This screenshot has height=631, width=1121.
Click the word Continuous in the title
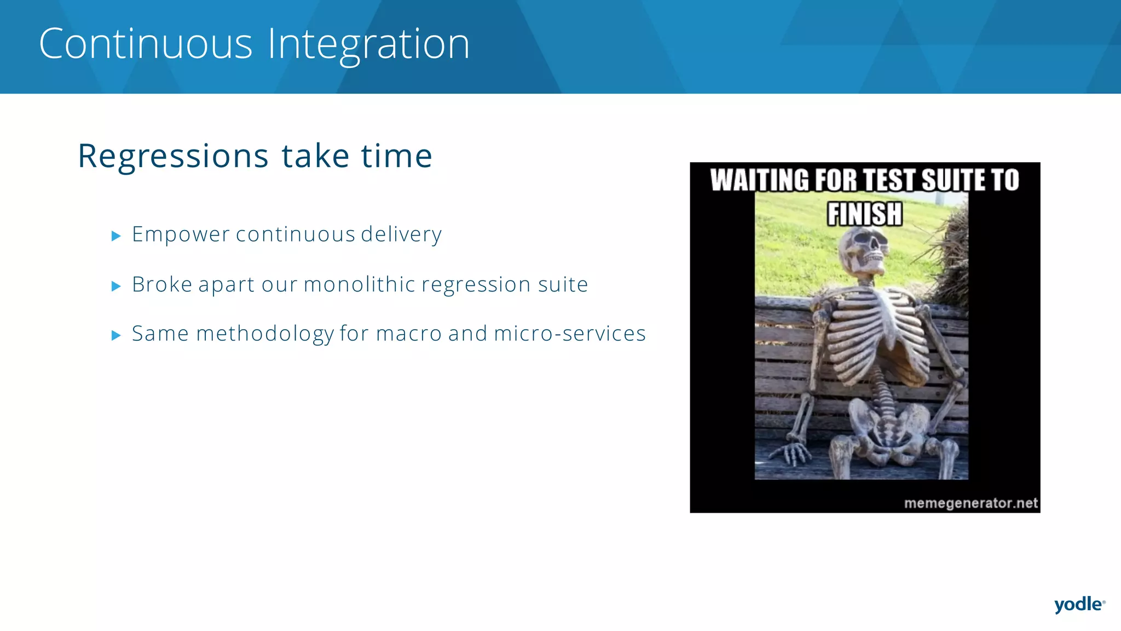pyautogui.click(x=146, y=44)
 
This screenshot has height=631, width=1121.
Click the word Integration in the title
pyautogui.click(x=368, y=44)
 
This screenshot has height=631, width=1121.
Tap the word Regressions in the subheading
pyautogui.click(x=173, y=156)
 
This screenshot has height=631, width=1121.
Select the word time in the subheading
pyautogui.click(x=397, y=156)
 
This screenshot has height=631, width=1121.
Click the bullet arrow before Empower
pyautogui.click(x=115, y=236)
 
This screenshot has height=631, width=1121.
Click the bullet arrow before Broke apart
pyautogui.click(x=115, y=286)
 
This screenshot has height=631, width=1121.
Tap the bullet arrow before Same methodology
pyautogui.click(x=115, y=335)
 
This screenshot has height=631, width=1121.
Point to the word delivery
pyautogui.click(x=401, y=234)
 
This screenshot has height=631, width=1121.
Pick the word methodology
pyautogui.click(x=265, y=334)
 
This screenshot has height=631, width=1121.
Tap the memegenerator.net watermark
pyautogui.click(x=970, y=503)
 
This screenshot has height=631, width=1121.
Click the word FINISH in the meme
pyautogui.click(x=864, y=214)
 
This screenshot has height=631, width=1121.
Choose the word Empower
pyautogui.click(x=181, y=234)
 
